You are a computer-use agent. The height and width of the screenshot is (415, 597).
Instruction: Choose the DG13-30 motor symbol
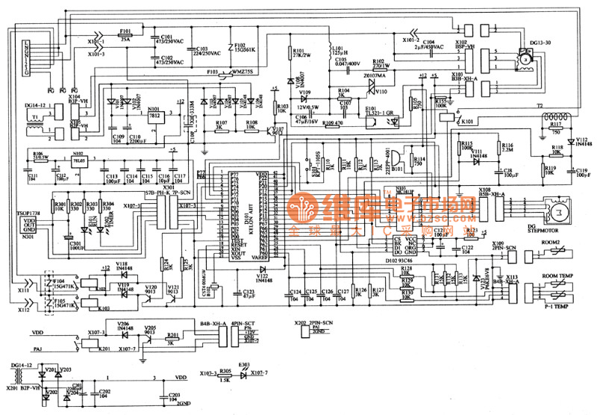coord(526,58)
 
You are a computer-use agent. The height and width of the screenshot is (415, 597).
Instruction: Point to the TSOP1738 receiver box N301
coord(28,223)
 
